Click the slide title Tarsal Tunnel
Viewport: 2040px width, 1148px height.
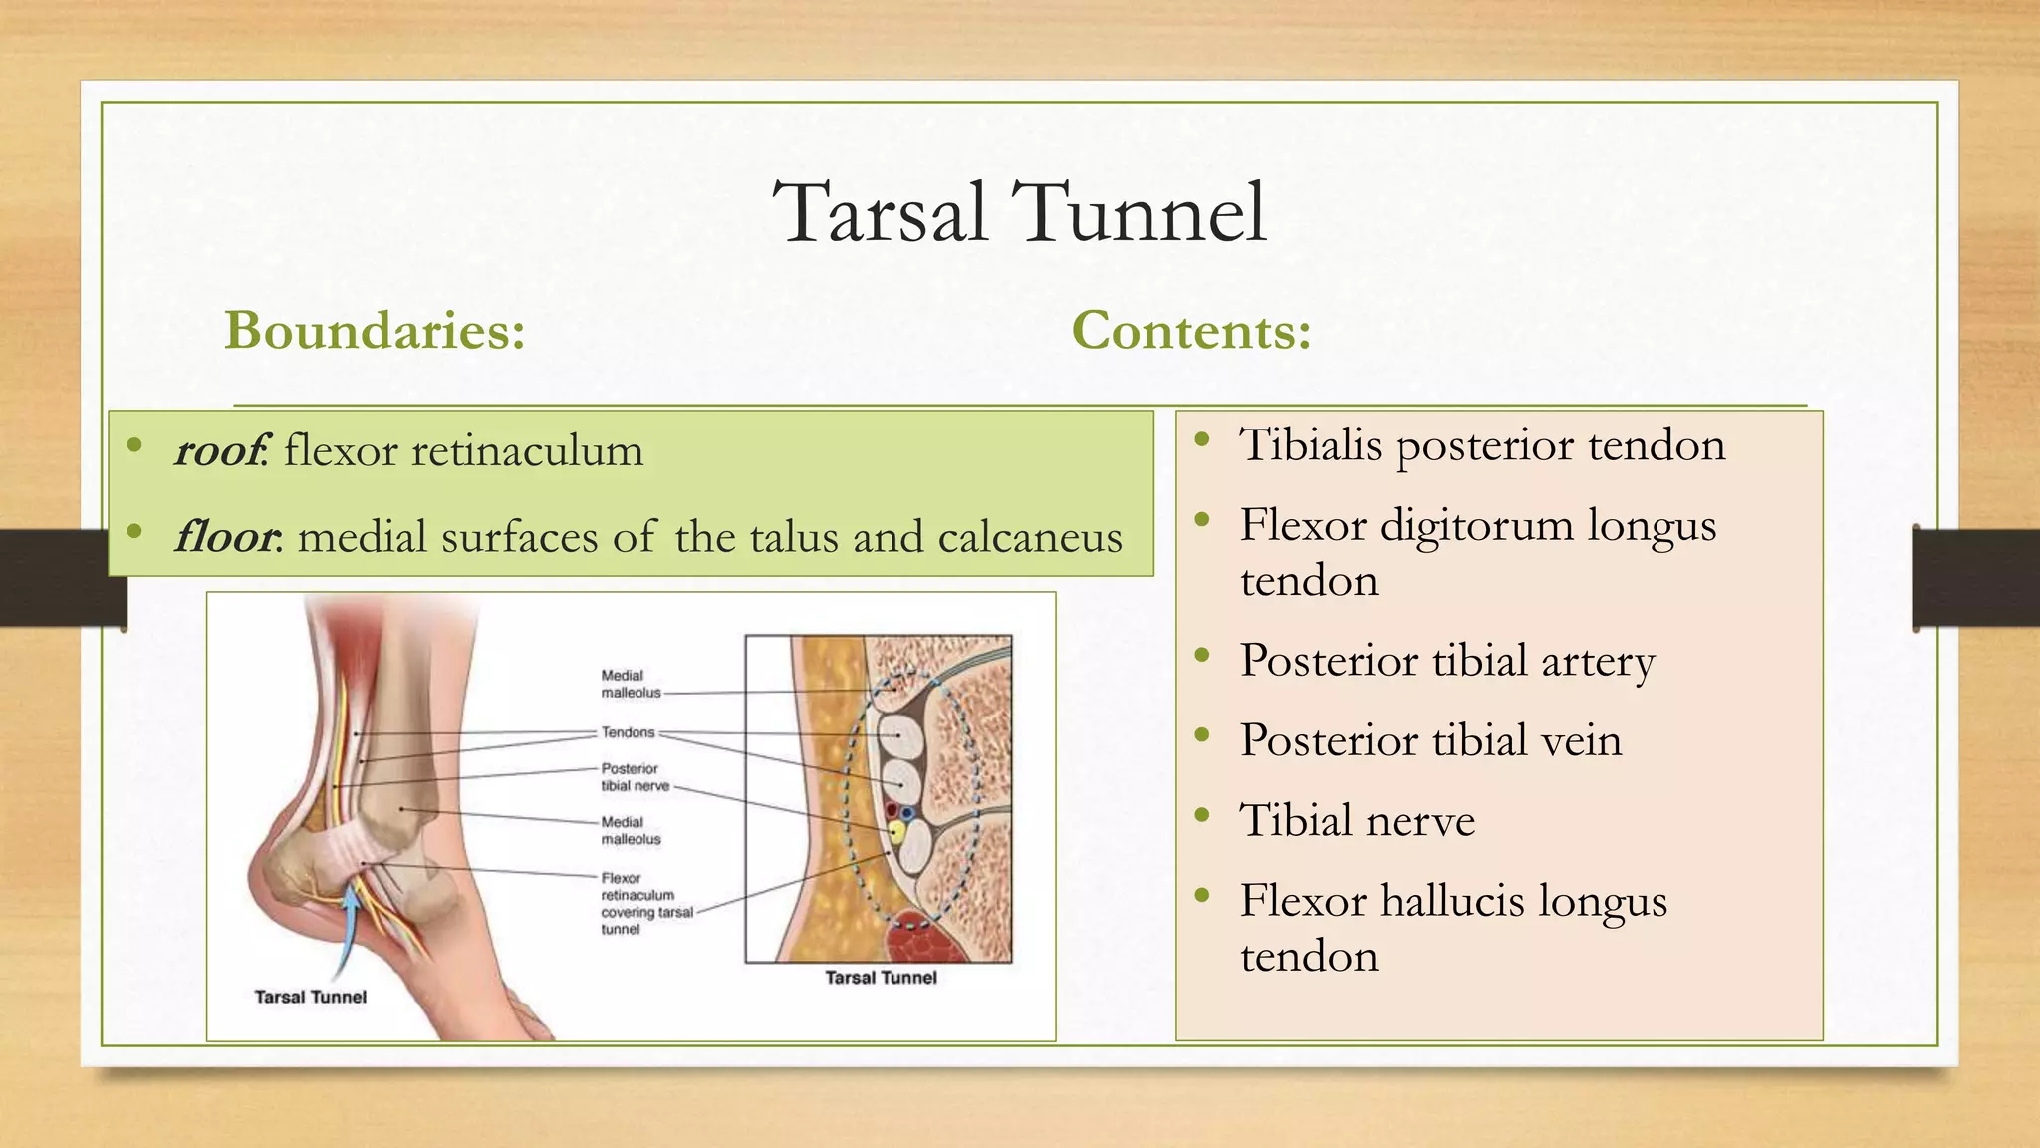pyautogui.click(x=1019, y=212)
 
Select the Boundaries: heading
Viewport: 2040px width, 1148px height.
pyautogui.click(x=375, y=330)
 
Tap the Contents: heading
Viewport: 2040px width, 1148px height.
pyautogui.click(x=1191, y=330)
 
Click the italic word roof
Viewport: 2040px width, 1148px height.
pyautogui.click(x=218, y=451)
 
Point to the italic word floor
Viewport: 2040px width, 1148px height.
pyautogui.click(x=226, y=537)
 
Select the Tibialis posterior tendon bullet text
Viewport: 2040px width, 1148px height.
pyautogui.click(x=1481, y=444)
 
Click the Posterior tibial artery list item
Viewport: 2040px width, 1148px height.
pyautogui.click(x=1446, y=661)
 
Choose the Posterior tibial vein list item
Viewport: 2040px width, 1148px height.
pyautogui.click(x=1430, y=740)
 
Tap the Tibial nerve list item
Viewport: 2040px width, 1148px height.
pyautogui.click(x=1357, y=821)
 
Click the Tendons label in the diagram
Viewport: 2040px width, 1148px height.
pyautogui.click(x=628, y=732)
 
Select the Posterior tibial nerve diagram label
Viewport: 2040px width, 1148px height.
pyautogui.click(x=635, y=777)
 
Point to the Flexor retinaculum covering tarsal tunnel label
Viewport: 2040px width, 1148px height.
pyautogui.click(x=645, y=903)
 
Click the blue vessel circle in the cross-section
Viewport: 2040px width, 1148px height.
pyautogui.click(x=907, y=813)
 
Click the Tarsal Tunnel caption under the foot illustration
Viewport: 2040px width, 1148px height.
pyautogui.click(x=311, y=997)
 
